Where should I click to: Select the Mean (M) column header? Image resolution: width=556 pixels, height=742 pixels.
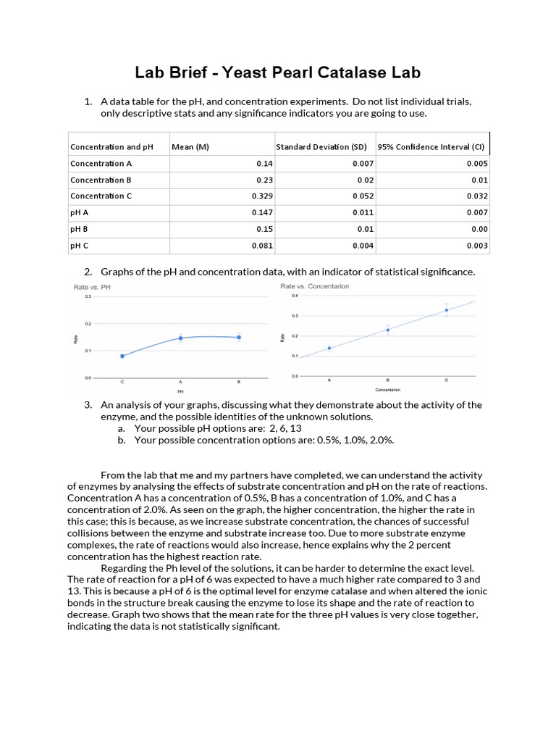tap(190, 147)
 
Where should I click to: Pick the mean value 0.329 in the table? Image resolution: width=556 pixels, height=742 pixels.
tap(261, 196)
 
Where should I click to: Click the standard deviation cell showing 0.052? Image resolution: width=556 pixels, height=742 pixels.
tap(363, 196)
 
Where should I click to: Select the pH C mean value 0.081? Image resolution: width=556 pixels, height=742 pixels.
tap(261, 246)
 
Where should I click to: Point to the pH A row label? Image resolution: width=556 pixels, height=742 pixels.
tap(79, 213)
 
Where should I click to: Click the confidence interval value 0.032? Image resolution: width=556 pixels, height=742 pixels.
tap(477, 196)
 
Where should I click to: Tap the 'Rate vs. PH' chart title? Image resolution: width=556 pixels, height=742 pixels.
tap(91, 288)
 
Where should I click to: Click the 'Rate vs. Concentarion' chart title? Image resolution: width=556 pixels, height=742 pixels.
tap(314, 286)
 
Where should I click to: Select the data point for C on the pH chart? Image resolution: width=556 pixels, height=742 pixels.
tap(122, 356)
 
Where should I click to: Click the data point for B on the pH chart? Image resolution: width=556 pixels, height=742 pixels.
tap(238, 337)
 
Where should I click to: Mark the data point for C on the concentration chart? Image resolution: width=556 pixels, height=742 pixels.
tap(446, 310)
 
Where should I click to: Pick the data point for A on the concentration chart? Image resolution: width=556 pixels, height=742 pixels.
tap(329, 348)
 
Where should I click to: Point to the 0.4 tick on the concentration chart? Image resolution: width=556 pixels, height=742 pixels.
tap(295, 296)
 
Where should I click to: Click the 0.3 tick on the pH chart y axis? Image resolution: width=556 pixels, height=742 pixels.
tap(88, 296)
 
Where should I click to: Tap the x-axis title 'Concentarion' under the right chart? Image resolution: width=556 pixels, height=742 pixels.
tap(388, 390)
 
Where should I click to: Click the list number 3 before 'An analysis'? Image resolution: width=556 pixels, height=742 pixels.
tap(88, 405)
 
